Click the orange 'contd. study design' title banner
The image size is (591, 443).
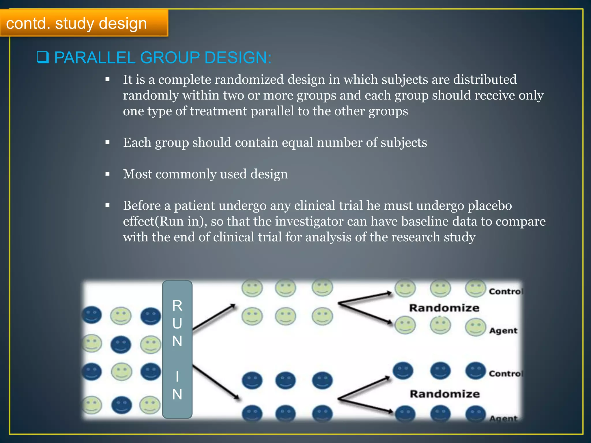pyautogui.click(x=84, y=23)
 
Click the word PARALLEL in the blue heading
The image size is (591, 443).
pyautogui.click(x=95, y=57)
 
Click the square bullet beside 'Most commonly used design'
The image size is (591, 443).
pyautogui.click(x=108, y=174)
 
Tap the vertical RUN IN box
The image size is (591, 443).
pyautogui.click(x=177, y=349)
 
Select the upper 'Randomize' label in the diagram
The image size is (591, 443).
pyautogui.click(x=444, y=308)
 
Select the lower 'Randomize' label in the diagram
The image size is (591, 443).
pyautogui.click(x=445, y=394)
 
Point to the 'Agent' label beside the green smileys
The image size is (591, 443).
pyautogui.click(x=503, y=331)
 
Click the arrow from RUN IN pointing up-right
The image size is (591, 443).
pyautogui.click(x=214, y=317)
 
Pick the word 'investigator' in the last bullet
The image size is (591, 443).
pyautogui.click(x=309, y=221)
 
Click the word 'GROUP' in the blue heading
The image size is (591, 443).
pyautogui.click(x=170, y=57)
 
